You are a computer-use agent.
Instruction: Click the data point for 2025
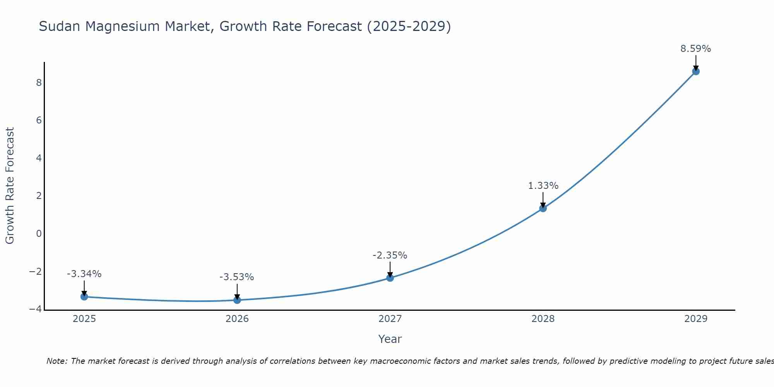point(84,296)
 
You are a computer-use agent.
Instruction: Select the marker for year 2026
point(237,300)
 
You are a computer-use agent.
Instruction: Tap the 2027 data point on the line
point(390,278)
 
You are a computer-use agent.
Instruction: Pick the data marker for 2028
point(543,208)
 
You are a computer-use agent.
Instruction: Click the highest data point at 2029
point(696,71)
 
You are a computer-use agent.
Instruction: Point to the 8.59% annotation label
point(695,49)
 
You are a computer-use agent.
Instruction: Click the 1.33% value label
point(543,186)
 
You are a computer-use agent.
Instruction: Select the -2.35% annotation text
point(390,255)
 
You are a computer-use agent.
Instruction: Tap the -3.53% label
point(236,277)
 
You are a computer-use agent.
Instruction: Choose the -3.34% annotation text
point(84,274)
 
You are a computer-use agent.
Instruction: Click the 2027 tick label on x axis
point(390,319)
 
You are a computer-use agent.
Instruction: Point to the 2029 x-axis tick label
point(696,319)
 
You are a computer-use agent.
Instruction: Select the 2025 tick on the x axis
point(84,319)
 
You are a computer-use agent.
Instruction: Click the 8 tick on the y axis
point(39,83)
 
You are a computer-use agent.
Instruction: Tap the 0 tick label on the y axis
point(39,234)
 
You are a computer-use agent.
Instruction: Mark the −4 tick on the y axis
point(36,309)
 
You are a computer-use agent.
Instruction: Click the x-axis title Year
point(390,339)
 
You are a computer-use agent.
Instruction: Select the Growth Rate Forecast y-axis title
point(10,186)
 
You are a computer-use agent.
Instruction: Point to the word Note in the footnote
point(57,361)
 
